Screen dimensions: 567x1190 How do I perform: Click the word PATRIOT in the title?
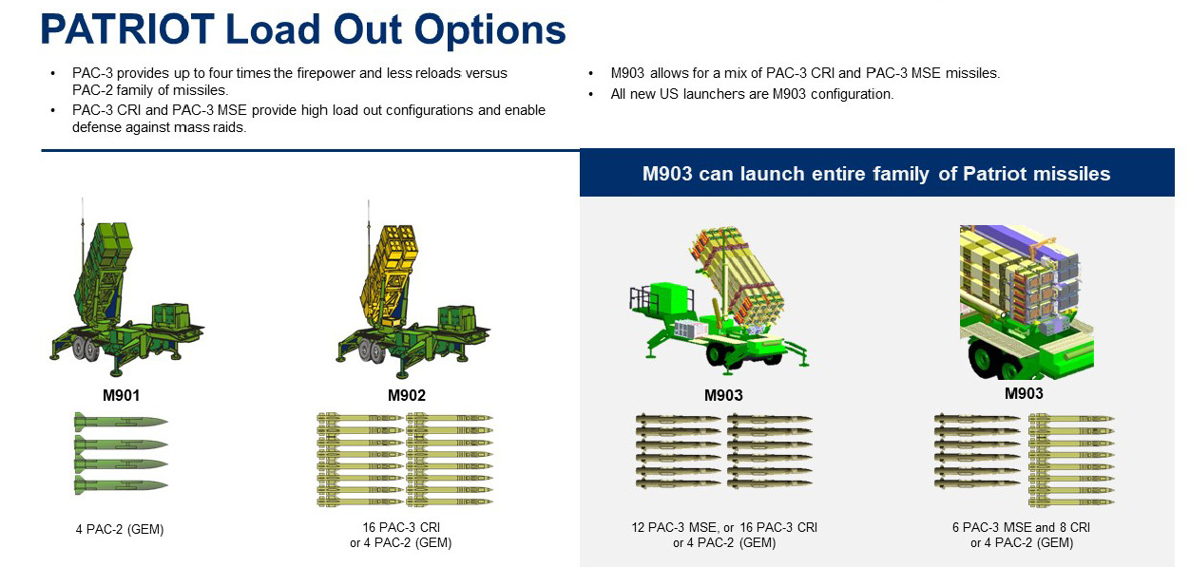127,30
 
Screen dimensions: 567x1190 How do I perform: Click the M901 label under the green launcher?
122,395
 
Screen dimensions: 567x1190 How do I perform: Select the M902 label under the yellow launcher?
407,395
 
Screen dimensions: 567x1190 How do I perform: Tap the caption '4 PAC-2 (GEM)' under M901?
120,530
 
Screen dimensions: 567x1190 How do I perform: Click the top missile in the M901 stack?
120,421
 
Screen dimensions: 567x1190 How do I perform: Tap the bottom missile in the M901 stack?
120,484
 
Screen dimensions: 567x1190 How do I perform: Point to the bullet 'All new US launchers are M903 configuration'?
752,94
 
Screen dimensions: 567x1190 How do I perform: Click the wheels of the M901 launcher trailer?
86,351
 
